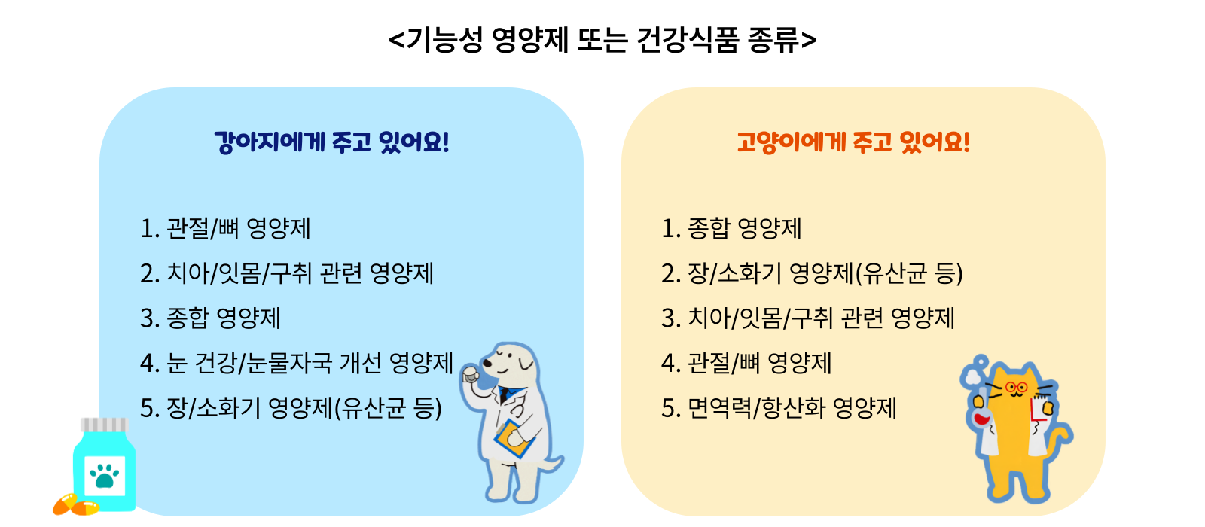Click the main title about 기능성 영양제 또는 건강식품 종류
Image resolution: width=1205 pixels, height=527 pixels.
click(602, 40)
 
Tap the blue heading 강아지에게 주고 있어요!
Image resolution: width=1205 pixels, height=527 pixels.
click(331, 142)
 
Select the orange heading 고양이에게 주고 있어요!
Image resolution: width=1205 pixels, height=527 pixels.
click(853, 142)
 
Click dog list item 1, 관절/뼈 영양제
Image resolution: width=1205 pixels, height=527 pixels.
click(225, 229)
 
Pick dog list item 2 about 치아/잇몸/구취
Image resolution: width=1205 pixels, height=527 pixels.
click(287, 273)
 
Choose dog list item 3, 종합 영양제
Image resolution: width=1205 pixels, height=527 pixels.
click(210, 318)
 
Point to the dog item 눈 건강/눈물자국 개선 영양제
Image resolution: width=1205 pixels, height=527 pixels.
click(297, 363)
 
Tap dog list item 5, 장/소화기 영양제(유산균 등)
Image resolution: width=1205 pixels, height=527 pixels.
click(291, 408)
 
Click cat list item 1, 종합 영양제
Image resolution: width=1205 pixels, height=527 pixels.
click(731, 229)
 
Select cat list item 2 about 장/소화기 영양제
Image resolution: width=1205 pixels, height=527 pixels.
click(813, 273)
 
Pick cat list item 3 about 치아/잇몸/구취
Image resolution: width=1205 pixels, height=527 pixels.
click(808, 318)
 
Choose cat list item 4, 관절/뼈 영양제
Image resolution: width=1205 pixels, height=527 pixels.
click(746, 363)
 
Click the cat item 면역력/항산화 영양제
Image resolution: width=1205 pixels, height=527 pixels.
click(779, 408)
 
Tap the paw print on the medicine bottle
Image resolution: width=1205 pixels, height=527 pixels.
click(105, 475)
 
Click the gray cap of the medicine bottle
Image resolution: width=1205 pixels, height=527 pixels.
click(105, 425)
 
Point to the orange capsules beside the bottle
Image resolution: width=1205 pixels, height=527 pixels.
click(76, 505)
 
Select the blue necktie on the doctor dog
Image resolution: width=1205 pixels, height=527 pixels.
click(505, 394)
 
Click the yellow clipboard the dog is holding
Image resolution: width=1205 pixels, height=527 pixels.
click(515, 439)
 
